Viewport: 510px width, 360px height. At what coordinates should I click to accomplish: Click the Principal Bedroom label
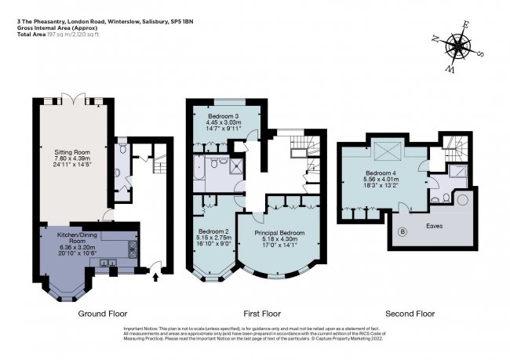pyautogui.click(x=281, y=233)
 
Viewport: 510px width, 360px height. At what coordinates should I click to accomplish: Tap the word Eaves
pyautogui.click(x=433, y=226)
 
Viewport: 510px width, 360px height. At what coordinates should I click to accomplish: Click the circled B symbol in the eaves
pyautogui.click(x=403, y=233)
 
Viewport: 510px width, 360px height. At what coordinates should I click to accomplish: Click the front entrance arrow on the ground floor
pyautogui.click(x=154, y=276)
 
